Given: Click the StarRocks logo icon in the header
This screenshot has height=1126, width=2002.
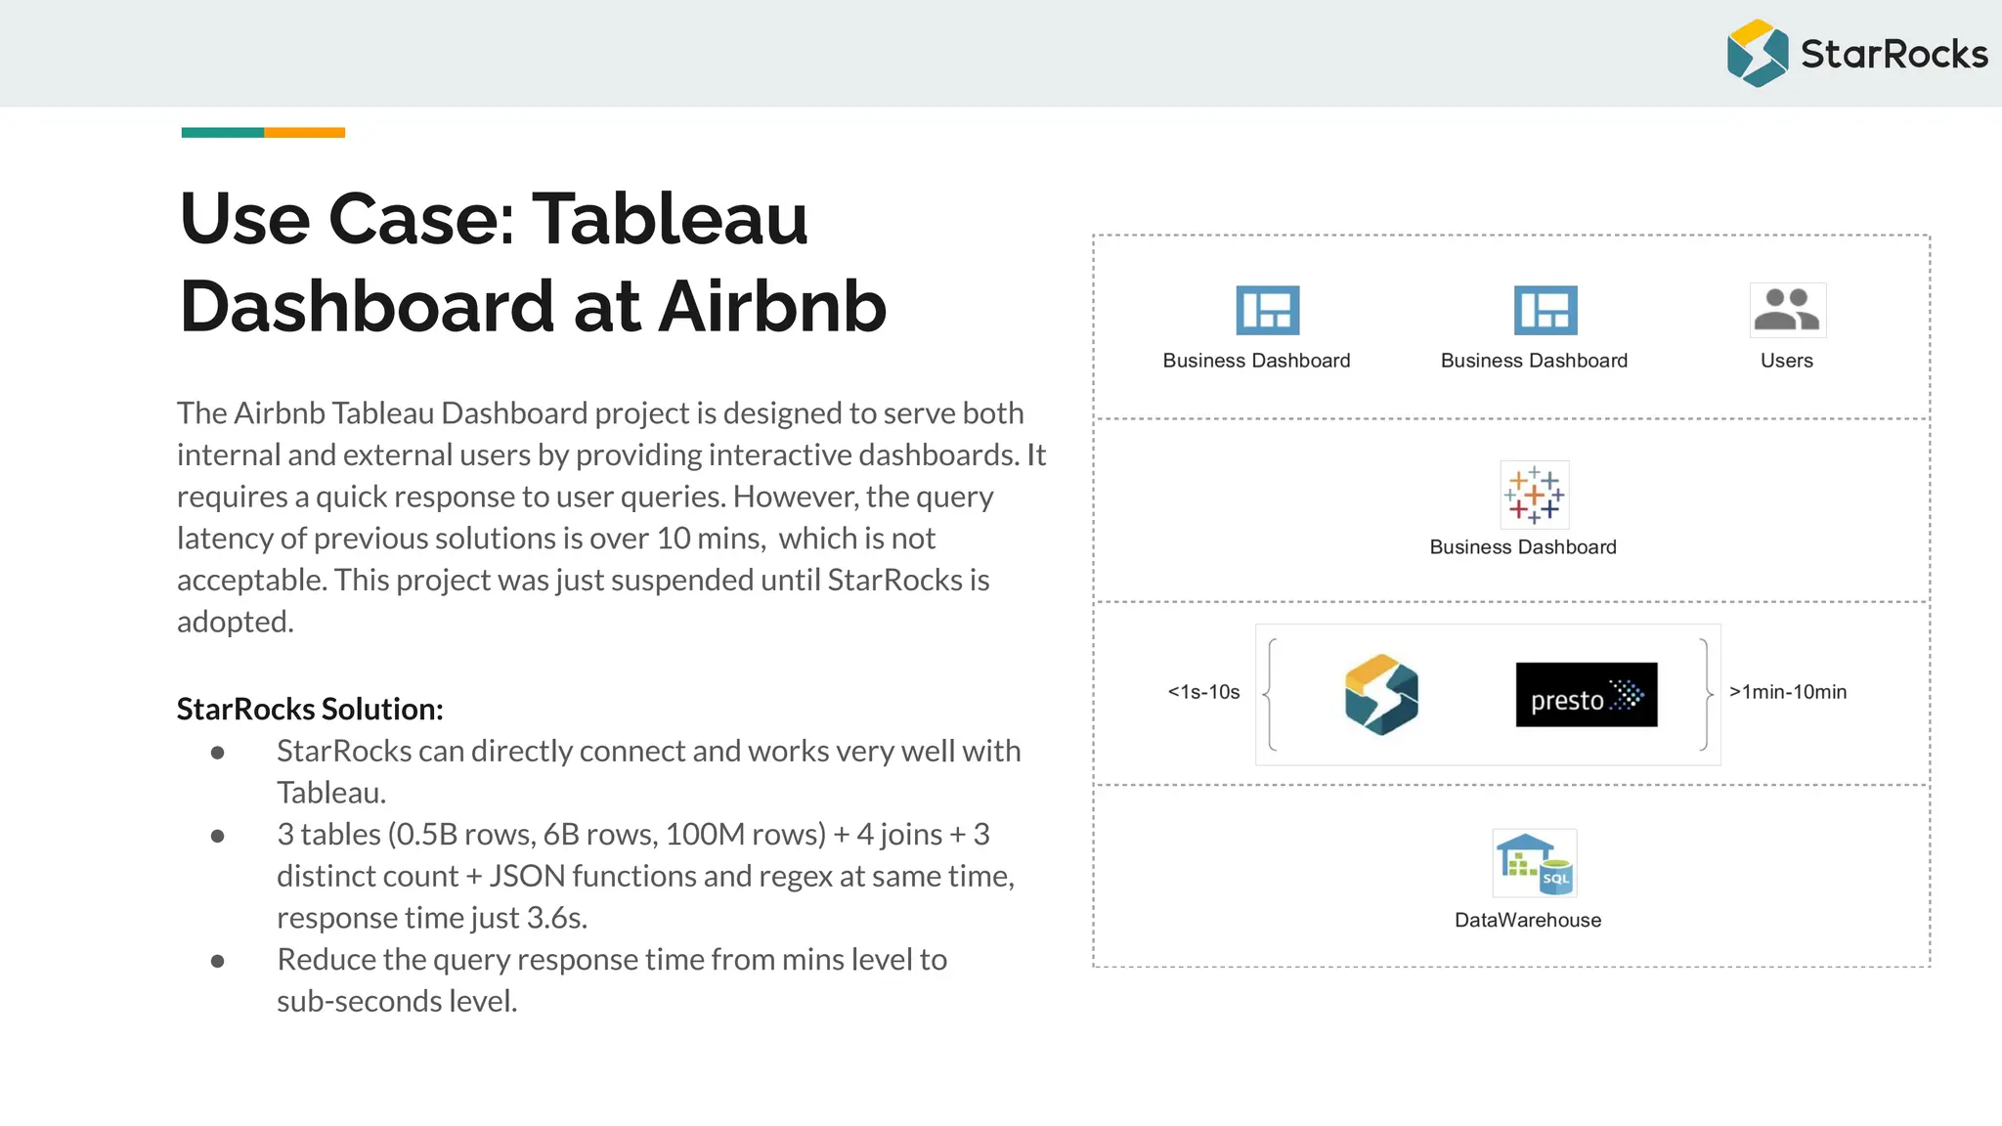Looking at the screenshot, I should point(1757,54).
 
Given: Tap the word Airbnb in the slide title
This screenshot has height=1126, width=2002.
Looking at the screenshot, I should point(772,307).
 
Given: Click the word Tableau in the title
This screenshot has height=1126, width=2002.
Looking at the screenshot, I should point(670,219).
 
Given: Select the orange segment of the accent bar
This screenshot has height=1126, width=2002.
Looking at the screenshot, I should point(304,133).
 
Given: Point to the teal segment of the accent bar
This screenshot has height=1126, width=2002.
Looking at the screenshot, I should point(222,133).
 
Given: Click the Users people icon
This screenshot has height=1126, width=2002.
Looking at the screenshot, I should point(1787,310).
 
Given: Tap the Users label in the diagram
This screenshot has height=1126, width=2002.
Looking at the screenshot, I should point(1786,361).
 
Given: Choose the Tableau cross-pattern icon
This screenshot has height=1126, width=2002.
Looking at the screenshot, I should point(1534,495).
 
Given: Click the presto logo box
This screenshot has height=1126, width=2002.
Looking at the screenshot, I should point(1586,694).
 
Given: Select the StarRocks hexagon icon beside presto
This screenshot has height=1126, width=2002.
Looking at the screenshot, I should point(1380,694).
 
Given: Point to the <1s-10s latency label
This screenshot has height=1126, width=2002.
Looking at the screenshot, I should point(1203,692).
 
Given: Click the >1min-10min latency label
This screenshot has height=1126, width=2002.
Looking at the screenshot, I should point(1787,692).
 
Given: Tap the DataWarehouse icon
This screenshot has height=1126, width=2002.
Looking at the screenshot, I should point(1533,862).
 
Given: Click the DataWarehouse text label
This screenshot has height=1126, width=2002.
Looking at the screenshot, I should point(1527,920).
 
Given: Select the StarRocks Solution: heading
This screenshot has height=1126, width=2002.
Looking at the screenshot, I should point(310,709).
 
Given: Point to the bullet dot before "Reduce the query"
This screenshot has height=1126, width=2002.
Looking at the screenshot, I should point(217,961).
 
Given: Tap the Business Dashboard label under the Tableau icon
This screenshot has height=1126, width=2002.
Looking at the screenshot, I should point(1522,547).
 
